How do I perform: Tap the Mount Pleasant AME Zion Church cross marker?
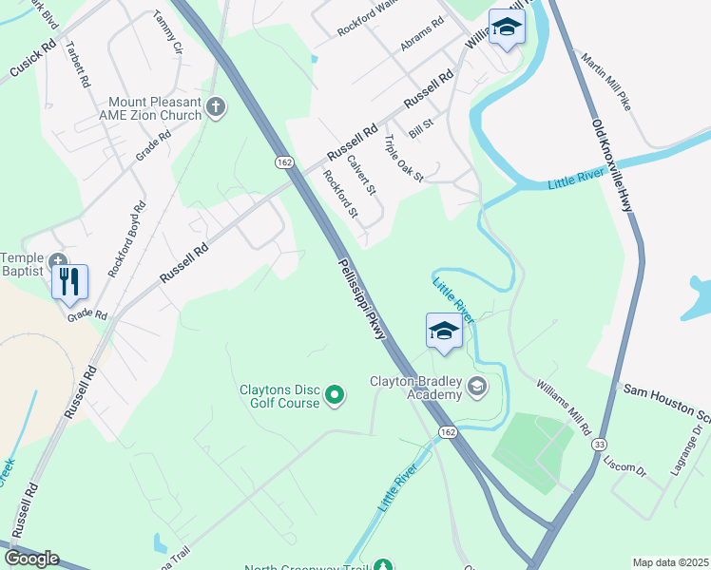coord(216,107)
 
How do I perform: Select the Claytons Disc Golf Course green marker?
coord(335,393)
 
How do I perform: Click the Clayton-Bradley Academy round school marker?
coord(477,386)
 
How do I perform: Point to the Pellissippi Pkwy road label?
coord(358,295)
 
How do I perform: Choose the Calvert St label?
coord(362,175)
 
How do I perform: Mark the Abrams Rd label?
coord(423,35)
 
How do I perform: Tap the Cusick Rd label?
coord(33,59)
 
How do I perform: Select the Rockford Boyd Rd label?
coord(126,239)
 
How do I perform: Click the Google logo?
coord(30,558)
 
